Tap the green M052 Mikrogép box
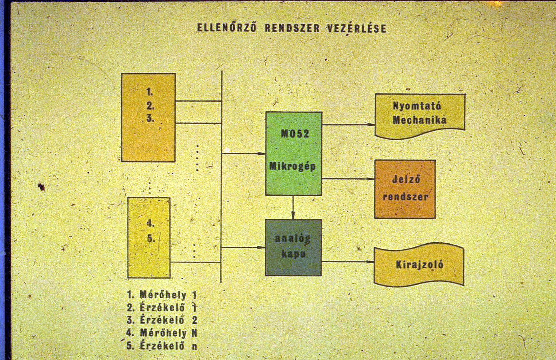[294, 154]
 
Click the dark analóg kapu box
[293, 247]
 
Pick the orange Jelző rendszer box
[405, 189]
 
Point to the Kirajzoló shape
[419, 265]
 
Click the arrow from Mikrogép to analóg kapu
[293, 207]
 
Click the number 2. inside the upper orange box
[150, 106]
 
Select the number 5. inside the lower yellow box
[151, 239]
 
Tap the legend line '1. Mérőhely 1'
[162, 295]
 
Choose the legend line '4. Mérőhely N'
[162, 333]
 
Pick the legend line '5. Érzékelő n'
[162, 346]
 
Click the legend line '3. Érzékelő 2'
[162, 320]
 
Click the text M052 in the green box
[295, 134]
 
